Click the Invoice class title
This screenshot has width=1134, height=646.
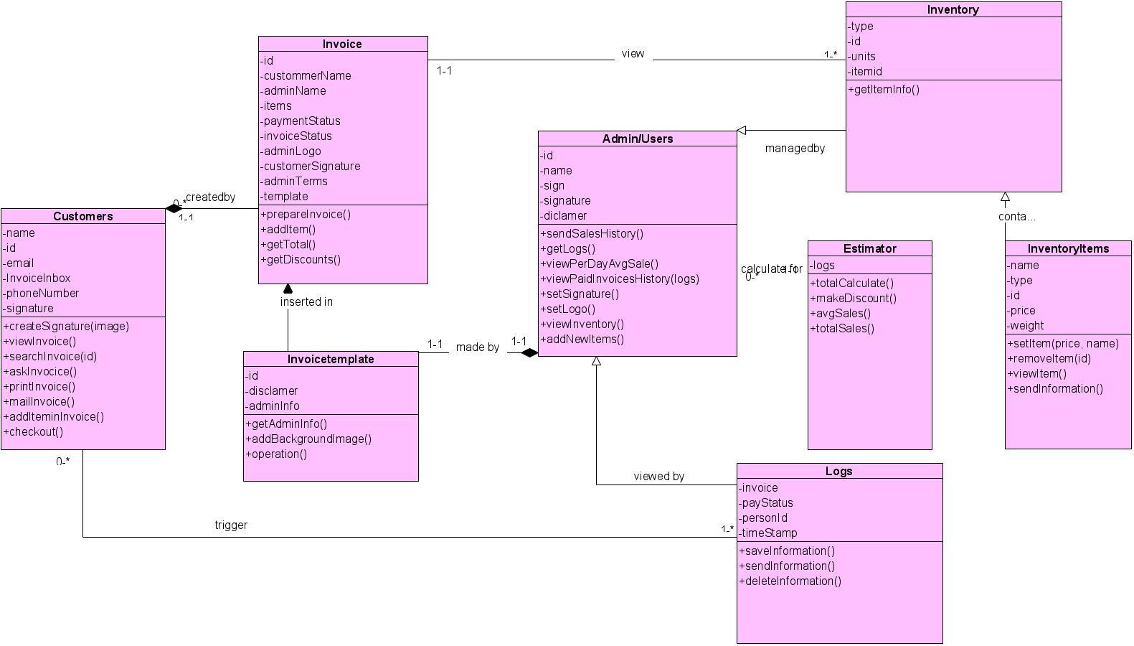click(x=342, y=45)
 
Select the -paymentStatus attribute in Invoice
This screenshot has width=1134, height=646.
click(x=301, y=121)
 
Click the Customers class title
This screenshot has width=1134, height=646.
click(x=83, y=217)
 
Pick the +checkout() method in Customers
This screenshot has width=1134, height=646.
click(x=33, y=432)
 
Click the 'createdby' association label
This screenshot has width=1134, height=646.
click(x=210, y=197)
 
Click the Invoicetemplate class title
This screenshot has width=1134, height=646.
click(x=331, y=360)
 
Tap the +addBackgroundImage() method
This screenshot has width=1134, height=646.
click(x=308, y=439)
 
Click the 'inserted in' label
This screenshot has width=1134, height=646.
click(x=306, y=302)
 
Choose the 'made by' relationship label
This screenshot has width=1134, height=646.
click(x=477, y=347)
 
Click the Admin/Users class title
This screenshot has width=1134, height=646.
click(x=638, y=139)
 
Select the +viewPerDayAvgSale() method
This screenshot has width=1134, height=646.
click(x=599, y=264)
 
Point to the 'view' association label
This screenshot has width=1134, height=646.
click(x=633, y=54)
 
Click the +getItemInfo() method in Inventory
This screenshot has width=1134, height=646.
click(x=884, y=90)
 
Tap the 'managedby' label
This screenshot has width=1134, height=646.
click(x=795, y=149)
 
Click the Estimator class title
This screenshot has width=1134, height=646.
click(x=870, y=249)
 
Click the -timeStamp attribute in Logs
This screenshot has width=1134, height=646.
click(x=768, y=533)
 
